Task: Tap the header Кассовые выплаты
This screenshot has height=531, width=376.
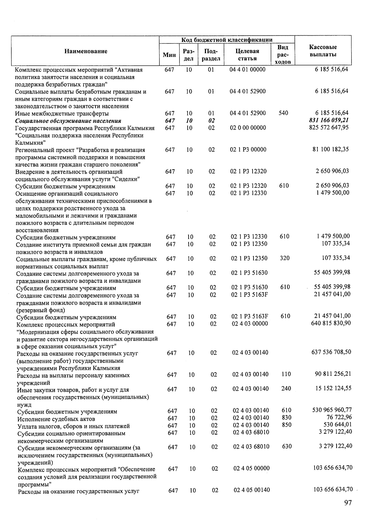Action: pos(323,51)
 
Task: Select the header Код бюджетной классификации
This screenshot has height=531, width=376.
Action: pos(227,40)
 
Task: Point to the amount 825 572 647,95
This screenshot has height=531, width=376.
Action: pos(329,127)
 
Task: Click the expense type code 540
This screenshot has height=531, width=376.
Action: pos(283,113)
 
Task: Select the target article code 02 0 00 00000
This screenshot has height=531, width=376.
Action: pos(248,128)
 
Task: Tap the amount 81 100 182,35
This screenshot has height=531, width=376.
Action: pos(331,149)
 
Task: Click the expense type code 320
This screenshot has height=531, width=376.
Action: pos(285,258)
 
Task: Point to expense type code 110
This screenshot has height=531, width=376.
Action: pos(286,374)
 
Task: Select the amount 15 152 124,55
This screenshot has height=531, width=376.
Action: pos(333,388)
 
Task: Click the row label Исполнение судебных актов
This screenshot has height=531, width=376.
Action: pos(56,419)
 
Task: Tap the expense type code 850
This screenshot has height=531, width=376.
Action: pos(286,425)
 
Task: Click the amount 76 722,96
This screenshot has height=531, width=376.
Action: pos(339,417)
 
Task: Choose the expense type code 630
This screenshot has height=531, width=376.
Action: pos(287,447)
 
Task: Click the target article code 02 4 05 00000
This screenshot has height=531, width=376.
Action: pos(252,468)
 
